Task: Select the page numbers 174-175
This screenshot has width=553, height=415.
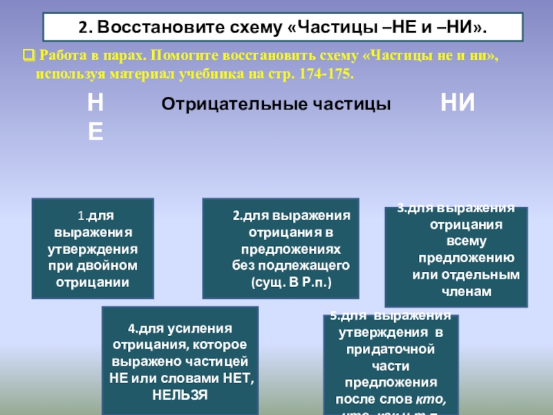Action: click(327, 73)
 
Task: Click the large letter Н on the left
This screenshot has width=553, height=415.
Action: click(96, 104)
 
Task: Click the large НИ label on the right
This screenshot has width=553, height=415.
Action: click(458, 104)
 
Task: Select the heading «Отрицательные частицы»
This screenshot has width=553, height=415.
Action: click(276, 104)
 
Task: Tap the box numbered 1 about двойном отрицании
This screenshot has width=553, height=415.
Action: click(92, 248)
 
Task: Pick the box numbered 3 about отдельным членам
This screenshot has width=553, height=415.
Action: click(456, 256)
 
